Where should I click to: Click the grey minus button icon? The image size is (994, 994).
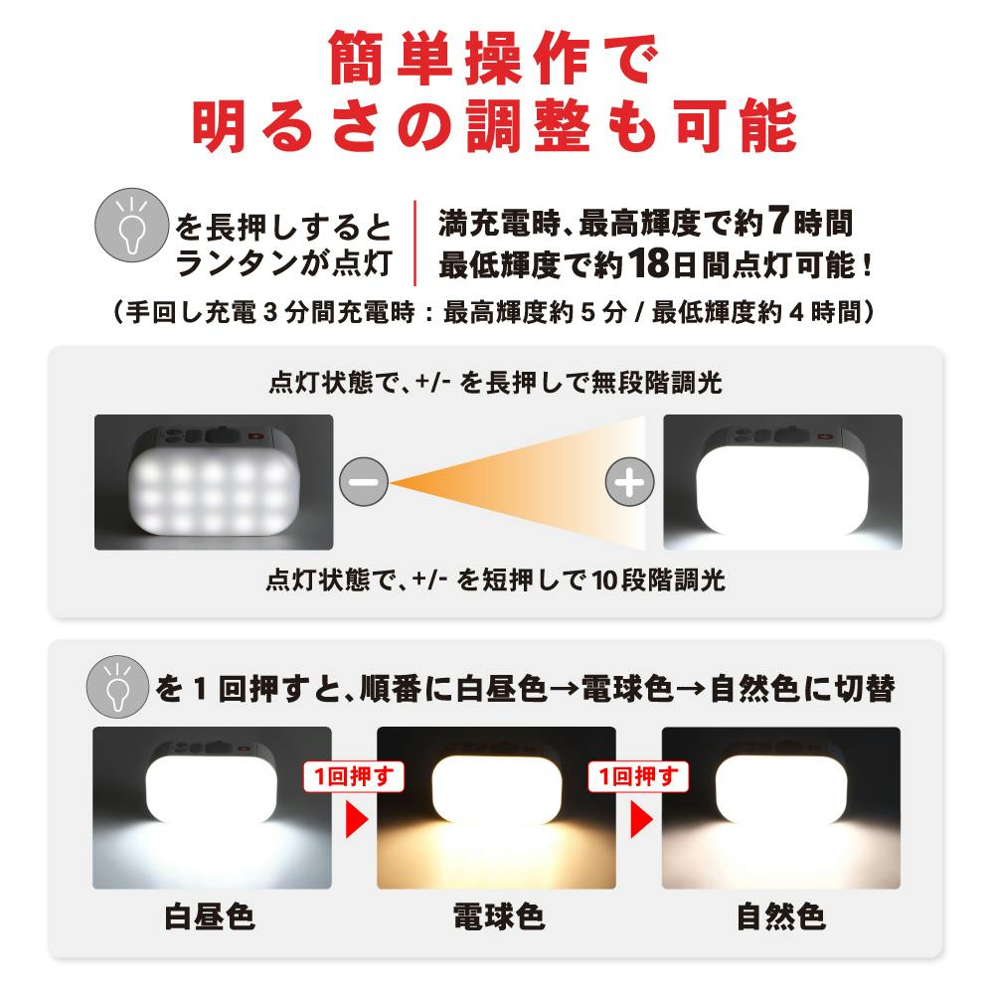[364, 482]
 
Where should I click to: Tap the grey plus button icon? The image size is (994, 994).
[629, 482]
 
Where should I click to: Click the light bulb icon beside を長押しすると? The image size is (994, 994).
[132, 225]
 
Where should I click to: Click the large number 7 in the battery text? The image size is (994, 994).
[778, 221]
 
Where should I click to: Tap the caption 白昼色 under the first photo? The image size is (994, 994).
[210, 916]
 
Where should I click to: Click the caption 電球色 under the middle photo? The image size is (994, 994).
[498, 916]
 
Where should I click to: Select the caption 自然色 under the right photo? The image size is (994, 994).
[781, 916]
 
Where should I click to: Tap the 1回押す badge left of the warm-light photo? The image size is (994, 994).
[354, 776]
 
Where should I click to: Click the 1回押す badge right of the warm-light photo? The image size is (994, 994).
[638, 776]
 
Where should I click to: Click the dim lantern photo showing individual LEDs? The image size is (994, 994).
[214, 482]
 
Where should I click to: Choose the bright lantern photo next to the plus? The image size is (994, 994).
[782, 482]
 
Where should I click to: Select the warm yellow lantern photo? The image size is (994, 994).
[496, 807]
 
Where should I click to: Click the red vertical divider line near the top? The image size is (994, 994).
[415, 243]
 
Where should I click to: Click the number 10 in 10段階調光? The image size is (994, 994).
[604, 580]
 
